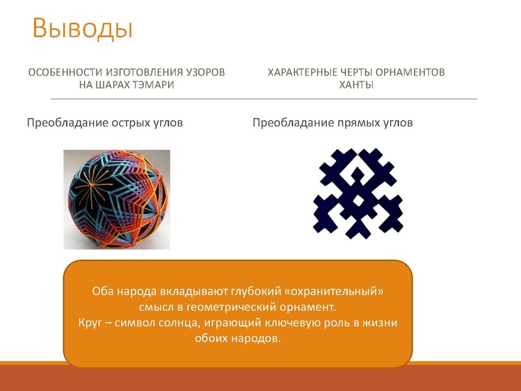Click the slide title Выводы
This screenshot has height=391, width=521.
point(83,28)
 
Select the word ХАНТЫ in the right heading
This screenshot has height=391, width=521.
point(356,85)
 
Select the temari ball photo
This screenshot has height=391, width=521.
point(117,199)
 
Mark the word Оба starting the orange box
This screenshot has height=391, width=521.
point(102,292)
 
